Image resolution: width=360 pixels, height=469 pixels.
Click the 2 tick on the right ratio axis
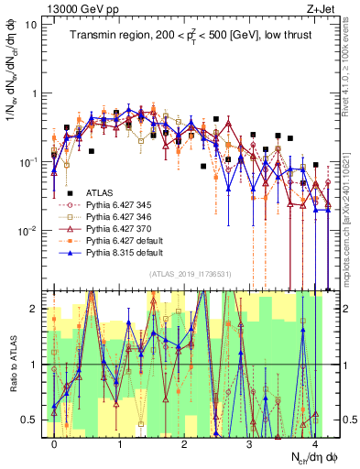tap(342, 309)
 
